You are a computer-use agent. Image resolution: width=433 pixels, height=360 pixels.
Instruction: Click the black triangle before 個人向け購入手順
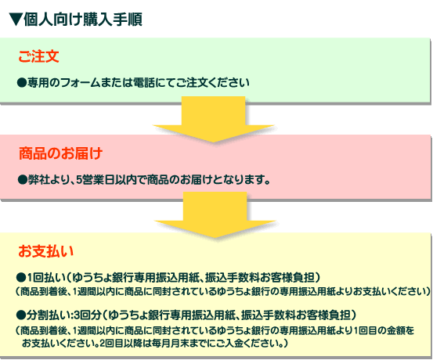tap(16, 20)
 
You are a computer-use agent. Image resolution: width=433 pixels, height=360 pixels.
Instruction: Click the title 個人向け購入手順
tap(83, 20)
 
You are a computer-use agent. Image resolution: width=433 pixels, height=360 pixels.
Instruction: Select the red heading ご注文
tap(38, 56)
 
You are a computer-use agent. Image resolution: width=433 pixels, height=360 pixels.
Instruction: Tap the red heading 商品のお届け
tap(61, 153)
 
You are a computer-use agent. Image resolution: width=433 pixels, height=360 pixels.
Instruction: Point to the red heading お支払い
tap(46, 251)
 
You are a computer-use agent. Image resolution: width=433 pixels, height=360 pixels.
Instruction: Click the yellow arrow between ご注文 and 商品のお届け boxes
tap(213, 119)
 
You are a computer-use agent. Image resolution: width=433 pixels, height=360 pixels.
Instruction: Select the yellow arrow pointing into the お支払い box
tap(215, 214)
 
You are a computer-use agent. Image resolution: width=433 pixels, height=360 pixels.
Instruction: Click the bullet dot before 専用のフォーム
tap(22, 83)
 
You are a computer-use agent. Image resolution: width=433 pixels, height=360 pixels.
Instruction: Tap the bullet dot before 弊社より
tap(22, 180)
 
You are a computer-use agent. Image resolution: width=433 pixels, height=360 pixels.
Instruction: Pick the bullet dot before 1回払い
tap(21, 278)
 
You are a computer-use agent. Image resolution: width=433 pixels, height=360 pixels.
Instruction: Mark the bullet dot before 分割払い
tap(21, 315)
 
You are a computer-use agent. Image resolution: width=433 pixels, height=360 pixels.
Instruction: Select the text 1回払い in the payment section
tap(46, 278)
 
